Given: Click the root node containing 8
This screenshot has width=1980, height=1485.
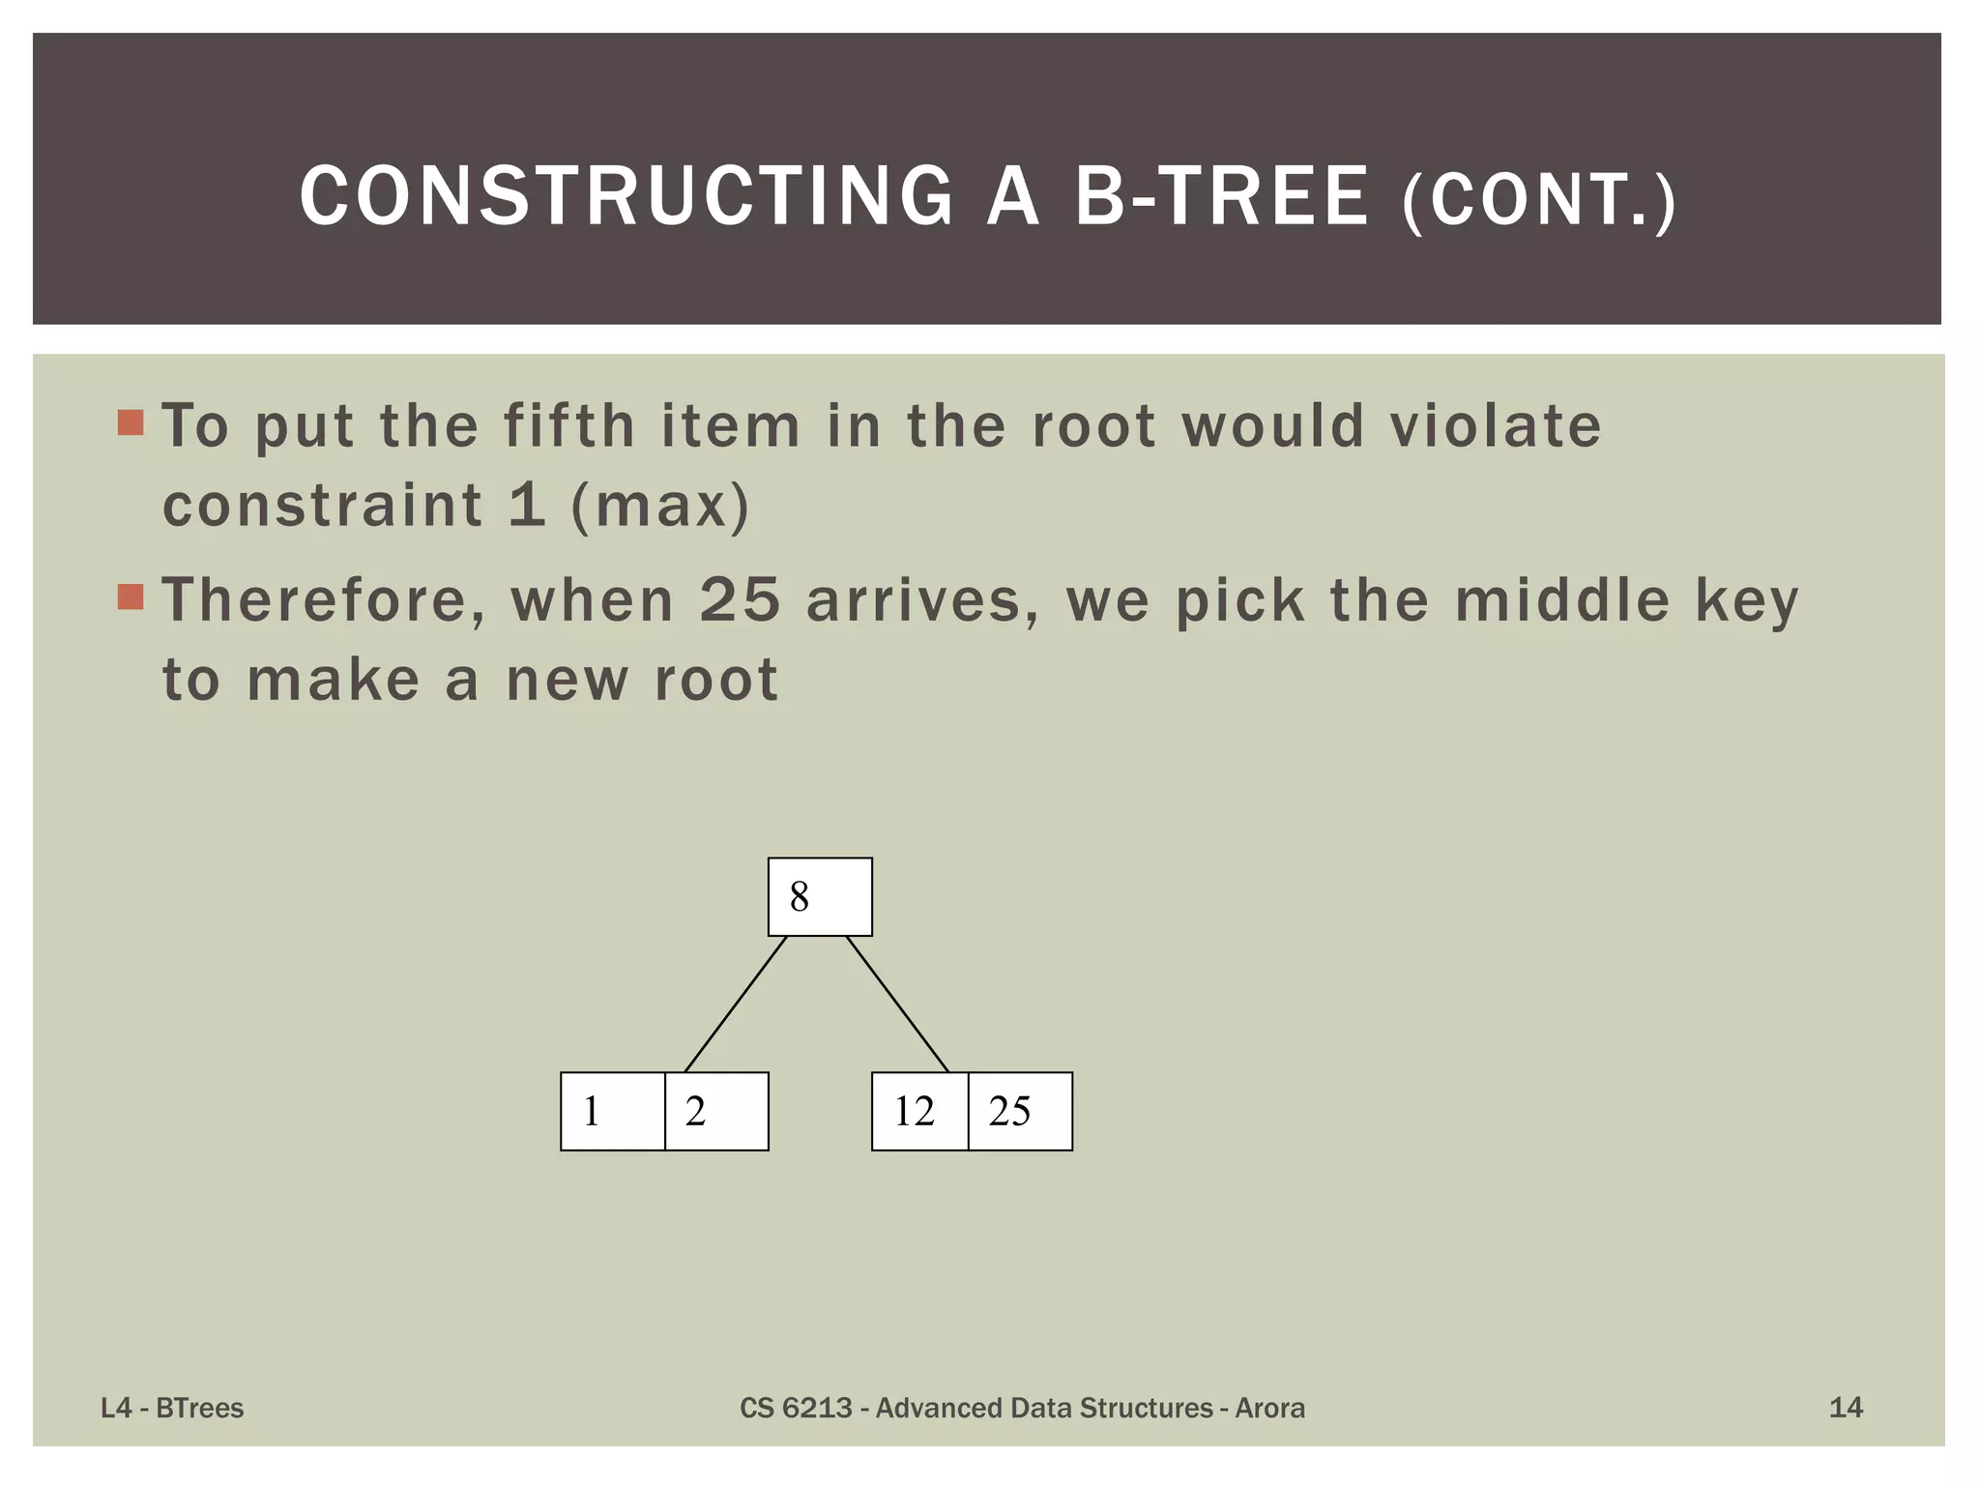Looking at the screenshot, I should point(820,896).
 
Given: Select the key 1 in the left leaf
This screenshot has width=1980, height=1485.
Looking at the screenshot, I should point(612,1111).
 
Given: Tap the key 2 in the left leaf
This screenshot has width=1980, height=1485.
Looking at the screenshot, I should point(716,1111).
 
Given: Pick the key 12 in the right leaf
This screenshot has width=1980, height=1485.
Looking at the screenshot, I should point(918,1111).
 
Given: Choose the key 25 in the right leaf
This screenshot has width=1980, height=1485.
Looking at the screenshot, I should point(1020,1111).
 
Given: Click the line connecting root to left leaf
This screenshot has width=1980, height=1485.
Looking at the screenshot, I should point(735,1004).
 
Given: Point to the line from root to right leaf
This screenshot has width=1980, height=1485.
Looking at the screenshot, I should point(897,1004).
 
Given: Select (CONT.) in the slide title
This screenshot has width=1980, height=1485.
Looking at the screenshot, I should point(1539,200).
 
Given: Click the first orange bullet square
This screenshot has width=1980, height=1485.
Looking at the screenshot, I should point(131,422).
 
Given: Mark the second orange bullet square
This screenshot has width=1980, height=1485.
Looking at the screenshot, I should point(131,597).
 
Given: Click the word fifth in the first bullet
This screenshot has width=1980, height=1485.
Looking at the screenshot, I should point(568,425).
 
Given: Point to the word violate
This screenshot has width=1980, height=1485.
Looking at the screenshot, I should point(1495,425).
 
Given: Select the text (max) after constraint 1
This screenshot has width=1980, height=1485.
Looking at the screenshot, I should point(660,506).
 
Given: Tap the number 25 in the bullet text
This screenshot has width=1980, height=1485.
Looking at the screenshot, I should point(740,599).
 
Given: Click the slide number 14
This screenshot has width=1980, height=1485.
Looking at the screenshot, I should point(1846,1408).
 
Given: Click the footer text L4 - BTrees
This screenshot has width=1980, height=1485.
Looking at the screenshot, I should point(172,1408).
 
